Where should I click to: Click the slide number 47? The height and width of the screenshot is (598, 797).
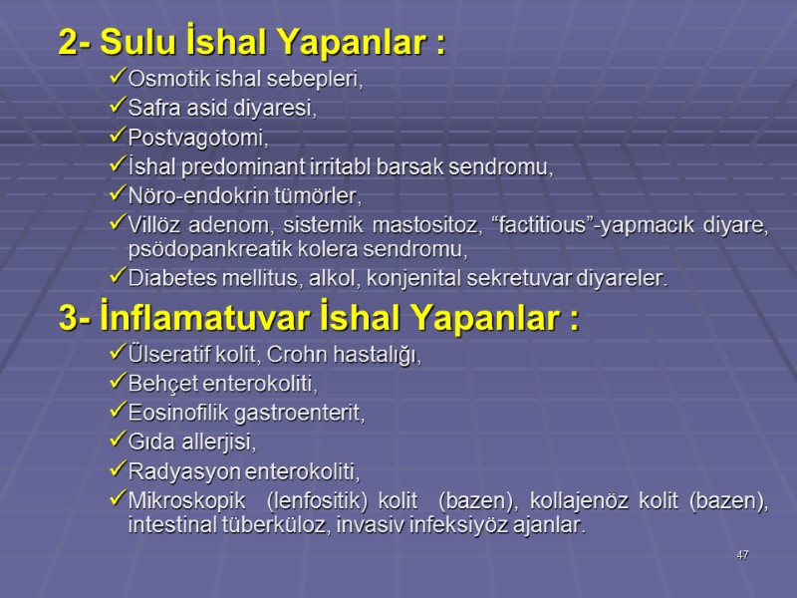click(742, 555)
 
